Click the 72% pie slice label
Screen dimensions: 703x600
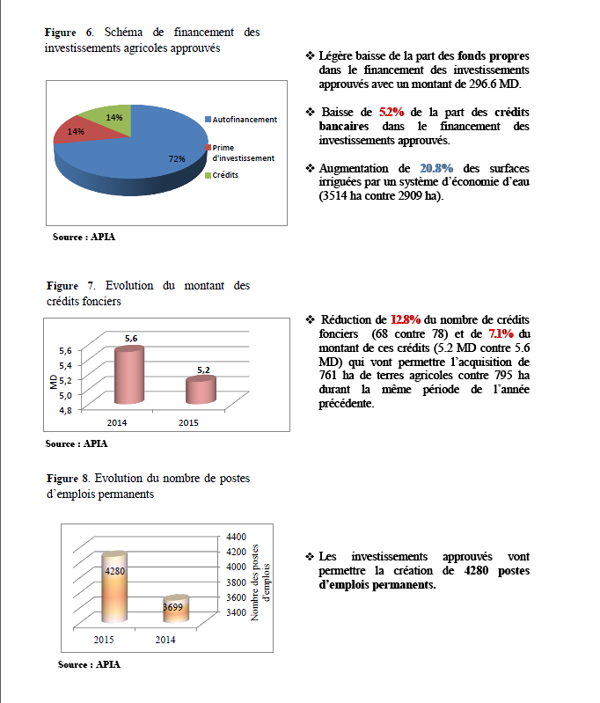177,158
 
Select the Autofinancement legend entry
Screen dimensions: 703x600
244,119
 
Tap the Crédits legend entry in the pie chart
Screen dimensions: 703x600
225,174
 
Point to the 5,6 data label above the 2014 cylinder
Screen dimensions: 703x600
130,338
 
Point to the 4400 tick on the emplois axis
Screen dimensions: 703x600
238,536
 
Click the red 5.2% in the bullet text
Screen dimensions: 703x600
391,113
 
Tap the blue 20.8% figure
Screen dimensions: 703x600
436,167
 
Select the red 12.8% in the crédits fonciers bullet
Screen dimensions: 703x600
406,319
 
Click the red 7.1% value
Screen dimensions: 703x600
501,333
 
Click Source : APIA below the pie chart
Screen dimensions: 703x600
84,237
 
